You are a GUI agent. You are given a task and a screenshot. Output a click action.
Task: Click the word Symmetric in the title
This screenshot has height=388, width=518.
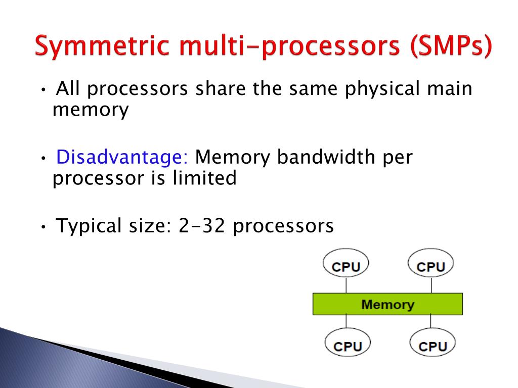coord(102,46)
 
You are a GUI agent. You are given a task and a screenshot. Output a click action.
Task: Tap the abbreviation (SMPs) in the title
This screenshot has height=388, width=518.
coord(451,46)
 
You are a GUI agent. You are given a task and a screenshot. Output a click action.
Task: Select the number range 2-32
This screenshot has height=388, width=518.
coord(202,226)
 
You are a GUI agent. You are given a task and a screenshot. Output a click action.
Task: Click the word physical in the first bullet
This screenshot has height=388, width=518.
coord(382,89)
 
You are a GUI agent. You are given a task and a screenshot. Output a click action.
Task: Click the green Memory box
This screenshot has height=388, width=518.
coord(387,304)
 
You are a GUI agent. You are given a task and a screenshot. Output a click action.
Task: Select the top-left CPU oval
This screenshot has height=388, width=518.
coord(346,263)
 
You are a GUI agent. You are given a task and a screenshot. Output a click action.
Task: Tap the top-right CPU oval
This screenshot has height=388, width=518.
coord(431,263)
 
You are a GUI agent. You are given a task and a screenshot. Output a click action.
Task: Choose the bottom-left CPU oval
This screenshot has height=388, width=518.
coord(348,343)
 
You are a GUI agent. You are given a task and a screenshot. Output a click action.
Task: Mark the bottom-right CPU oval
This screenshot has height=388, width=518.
coord(433,343)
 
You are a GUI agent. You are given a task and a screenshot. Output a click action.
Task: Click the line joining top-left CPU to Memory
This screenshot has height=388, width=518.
coord(346,285)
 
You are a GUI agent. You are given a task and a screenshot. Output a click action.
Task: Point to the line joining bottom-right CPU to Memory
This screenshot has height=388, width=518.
coord(431,321)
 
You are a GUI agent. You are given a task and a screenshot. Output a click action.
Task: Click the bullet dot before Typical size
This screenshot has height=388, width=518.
coord(44,227)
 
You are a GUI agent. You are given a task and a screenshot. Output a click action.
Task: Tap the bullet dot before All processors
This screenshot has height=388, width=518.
coord(44,90)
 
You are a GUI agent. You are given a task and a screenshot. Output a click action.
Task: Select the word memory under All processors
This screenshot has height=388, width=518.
coord(91,110)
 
